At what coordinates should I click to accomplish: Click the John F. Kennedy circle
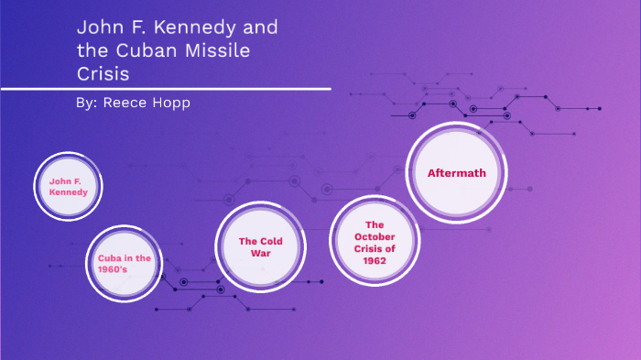click(69, 187)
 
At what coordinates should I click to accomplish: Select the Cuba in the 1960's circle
click(124, 264)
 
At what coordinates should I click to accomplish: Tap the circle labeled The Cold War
click(260, 246)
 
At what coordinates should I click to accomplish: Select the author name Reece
click(126, 103)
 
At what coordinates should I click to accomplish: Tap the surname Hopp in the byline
click(173, 103)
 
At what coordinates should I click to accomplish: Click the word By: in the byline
click(88, 103)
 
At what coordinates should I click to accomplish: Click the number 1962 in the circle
click(373, 261)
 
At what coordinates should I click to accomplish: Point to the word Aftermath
click(456, 172)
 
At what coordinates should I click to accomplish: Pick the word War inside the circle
click(260, 253)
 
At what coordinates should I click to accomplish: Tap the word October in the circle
click(373, 236)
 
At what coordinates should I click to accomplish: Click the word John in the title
click(98, 27)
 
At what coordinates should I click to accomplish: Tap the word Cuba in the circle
click(110, 258)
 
